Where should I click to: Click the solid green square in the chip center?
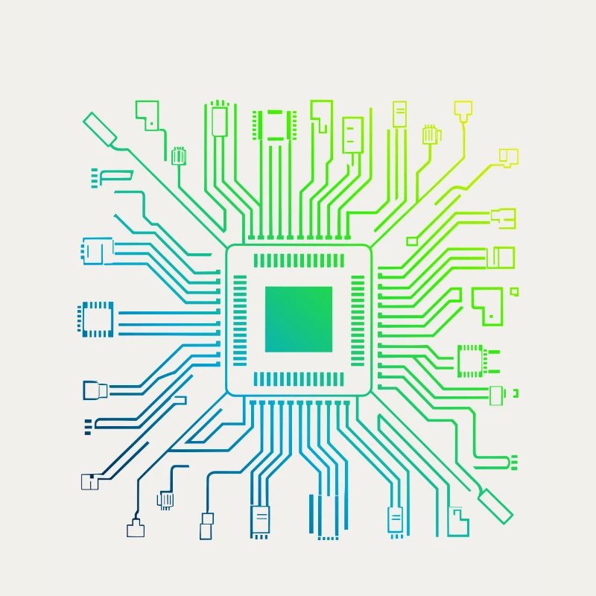[298, 319]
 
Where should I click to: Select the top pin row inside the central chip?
[298, 261]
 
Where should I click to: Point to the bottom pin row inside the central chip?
[298, 378]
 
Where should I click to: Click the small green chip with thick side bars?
[273, 125]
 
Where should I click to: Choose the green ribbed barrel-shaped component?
[177, 156]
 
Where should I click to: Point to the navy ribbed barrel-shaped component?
[165, 499]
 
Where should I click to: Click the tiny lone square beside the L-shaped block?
[513, 291]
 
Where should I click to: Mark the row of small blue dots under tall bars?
[328, 536]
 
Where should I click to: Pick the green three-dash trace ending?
[513, 462]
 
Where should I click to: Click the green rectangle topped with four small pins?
[219, 119]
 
